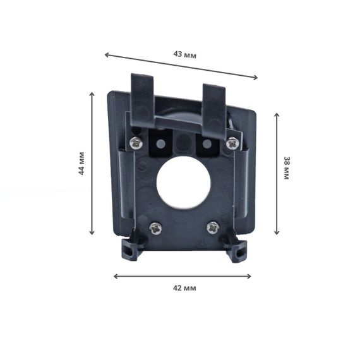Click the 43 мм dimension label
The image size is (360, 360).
(184, 55)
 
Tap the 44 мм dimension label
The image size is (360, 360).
(81, 163)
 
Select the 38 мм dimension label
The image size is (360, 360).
(287, 168)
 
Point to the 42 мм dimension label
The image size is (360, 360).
(184, 287)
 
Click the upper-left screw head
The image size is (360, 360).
(136, 143)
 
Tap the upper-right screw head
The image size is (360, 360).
(232, 144)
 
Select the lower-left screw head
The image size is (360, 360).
(155, 229)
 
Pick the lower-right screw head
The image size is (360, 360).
(213, 227)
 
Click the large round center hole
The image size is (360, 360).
(183, 183)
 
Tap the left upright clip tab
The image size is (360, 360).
(143, 101)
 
